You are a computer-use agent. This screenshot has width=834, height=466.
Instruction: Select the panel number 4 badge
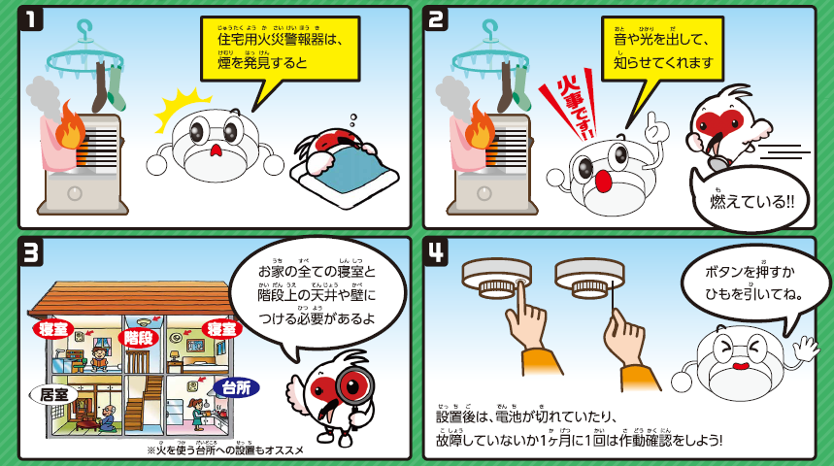click(437, 252)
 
